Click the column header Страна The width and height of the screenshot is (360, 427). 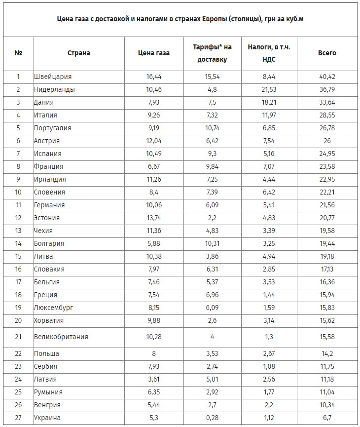pyautogui.click(x=78, y=53)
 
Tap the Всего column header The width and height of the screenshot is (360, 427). pyautogui.click(x=327, y=53)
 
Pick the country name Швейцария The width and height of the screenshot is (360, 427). pyautogui.click(x=53, y=77)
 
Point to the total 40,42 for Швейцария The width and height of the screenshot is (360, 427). pyautogui.click(x=327, y=77)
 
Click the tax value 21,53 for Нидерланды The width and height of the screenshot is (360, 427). pyautogui.click(x=270, y=89)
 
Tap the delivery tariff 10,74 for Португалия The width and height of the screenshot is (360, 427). pyautogui.click(x=212, y=128)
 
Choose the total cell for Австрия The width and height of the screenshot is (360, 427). pyautogui.click(x=327, y=141)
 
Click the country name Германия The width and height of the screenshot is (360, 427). pyautogui.click(x=49, y=205)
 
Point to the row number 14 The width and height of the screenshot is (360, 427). pyautogui.click(x=18, y=243)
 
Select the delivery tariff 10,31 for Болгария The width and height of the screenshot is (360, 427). pyautogui.click(x=212, y=243)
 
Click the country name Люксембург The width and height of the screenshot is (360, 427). pyautogui.click(x=53, y=308)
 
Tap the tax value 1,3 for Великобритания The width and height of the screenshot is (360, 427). pyautogui.click(x=270, y=337)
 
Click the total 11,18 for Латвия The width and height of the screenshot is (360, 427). pyautogui.click(x=327, y=379)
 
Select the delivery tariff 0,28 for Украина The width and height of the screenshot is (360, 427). pyautogui.click(x=212, y=418)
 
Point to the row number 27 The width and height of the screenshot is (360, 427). pyautogui.click(x=18, y=418)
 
